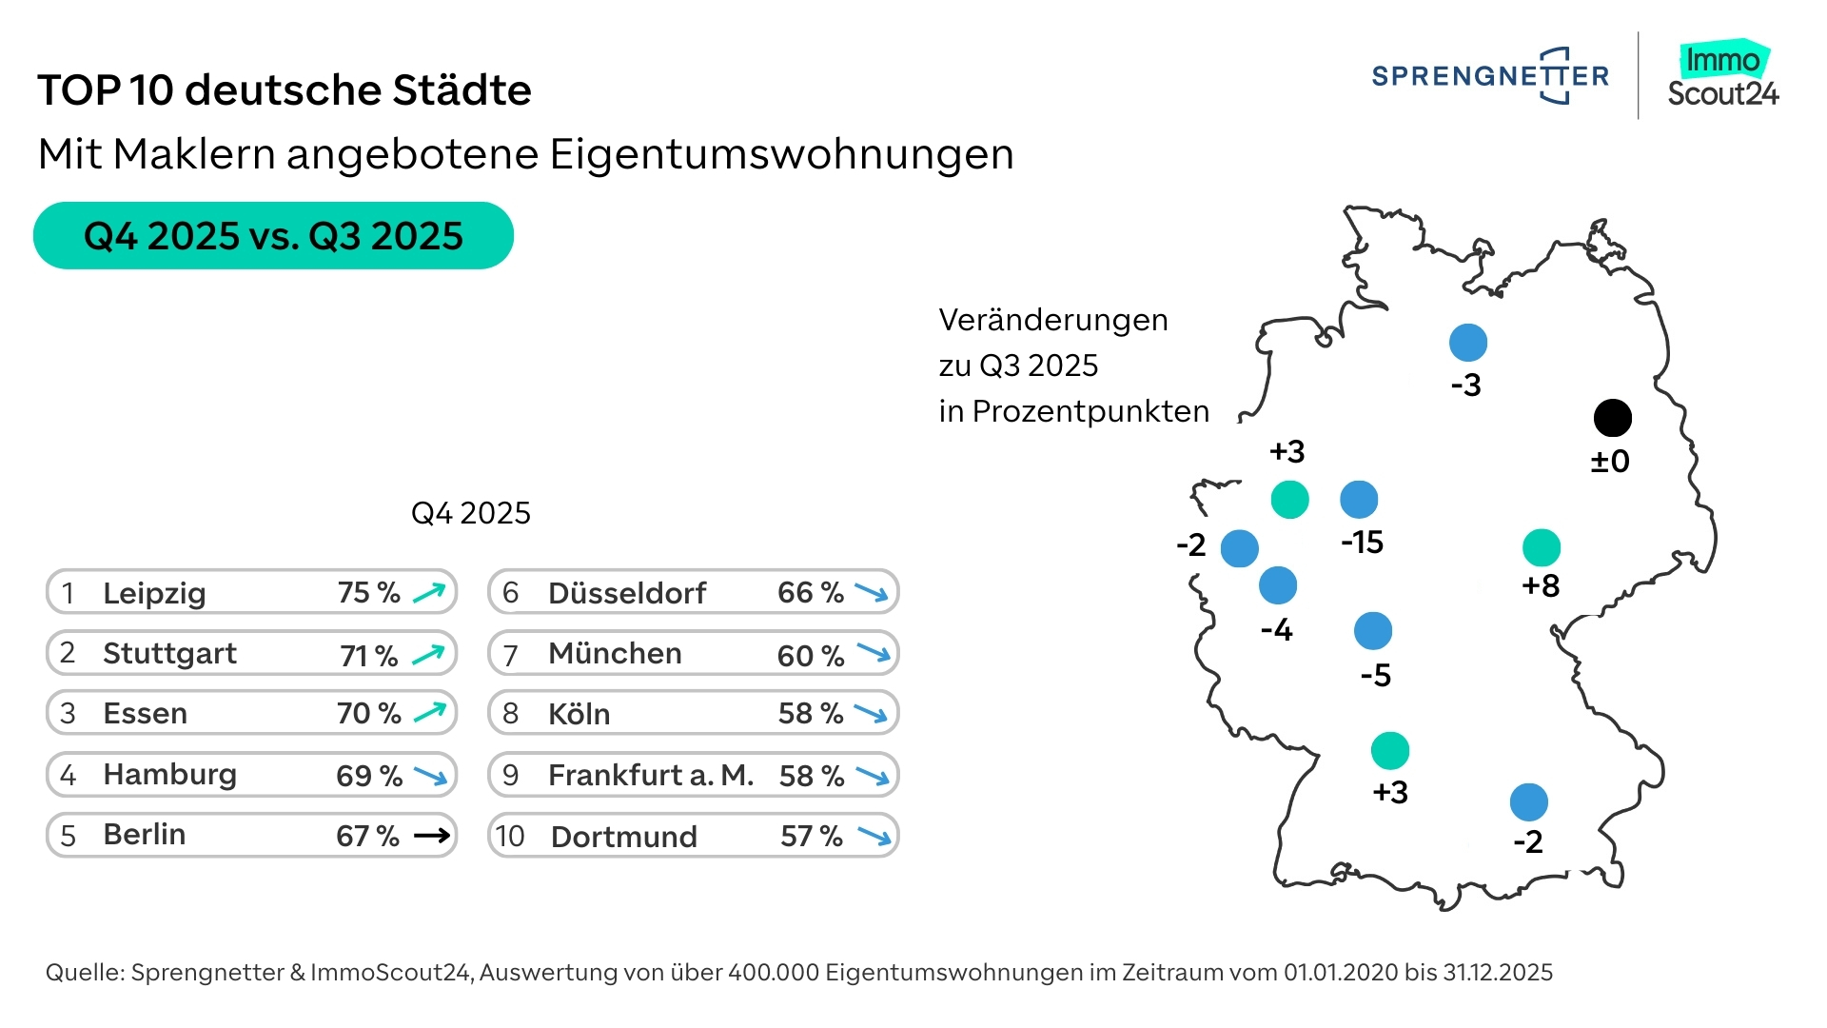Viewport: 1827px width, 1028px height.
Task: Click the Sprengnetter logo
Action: point(1490,75)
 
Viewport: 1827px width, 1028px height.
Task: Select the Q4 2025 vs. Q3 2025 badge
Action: point(273,235)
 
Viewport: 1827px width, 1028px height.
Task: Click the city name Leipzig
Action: point(154,593)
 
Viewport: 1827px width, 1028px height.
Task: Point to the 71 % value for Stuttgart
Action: point(368,655)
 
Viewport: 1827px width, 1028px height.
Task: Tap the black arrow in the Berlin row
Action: point(432,836)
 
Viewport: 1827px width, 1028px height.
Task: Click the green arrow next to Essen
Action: point(430,713)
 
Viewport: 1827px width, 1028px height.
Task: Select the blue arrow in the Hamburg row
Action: point(430,776)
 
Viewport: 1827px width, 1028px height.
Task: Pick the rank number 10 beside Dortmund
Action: point(510,836)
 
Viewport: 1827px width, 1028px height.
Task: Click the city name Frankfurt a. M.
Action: point(651,776)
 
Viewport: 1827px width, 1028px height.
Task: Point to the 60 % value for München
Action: point(810,655)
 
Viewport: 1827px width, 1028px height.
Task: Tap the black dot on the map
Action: point(1613,417)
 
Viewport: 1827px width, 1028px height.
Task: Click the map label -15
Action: point(1362,543)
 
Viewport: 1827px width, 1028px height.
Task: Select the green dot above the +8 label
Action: point(1542,547)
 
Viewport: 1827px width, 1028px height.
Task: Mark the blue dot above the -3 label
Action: point(1468,343)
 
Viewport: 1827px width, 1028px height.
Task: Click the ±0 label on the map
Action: point(1610,462)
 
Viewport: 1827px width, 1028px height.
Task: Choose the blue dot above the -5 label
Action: point(1373,630)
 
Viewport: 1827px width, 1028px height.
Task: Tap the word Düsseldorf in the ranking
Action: point(627,593)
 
